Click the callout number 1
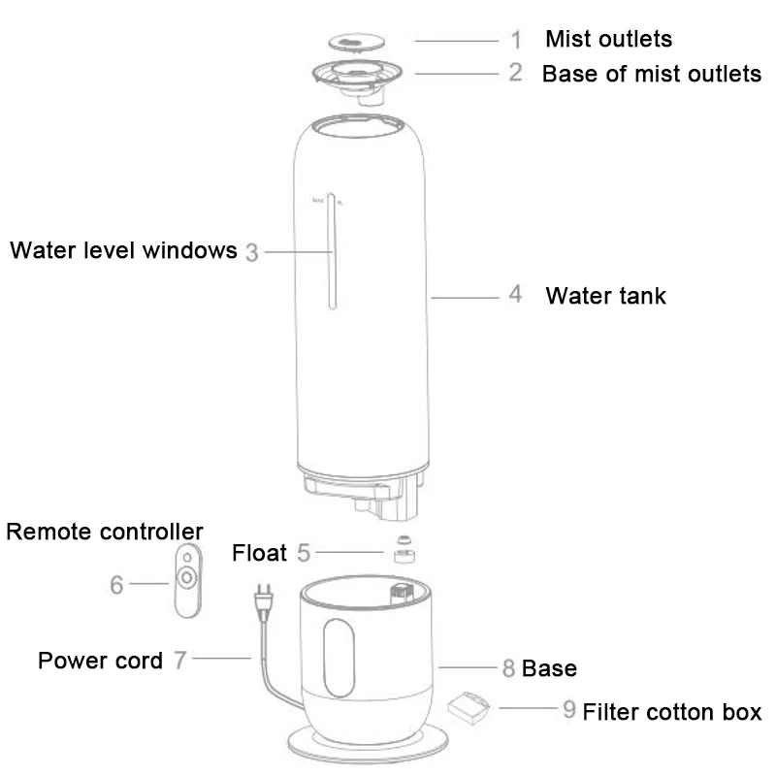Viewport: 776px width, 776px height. click(x=517, y=40)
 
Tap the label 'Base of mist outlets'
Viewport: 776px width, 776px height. click(x=651, y=74)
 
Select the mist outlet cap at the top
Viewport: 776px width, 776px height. click(x=355, y=42)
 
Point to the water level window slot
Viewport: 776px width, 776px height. click(x=332, y=250)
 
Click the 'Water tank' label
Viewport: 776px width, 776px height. click(x=605, y=296)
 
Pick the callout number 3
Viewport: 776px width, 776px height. click(x=251, y=251)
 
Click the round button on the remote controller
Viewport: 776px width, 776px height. click(x=186, y=576)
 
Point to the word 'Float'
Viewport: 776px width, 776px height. click(x=260, y=553)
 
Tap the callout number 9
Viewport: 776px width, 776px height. click(x=569, y=709)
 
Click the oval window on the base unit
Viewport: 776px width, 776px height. click(x=339, y=658)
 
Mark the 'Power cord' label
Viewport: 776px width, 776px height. click(x=100, y=662)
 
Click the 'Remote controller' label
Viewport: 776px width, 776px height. click(x=105, y=531)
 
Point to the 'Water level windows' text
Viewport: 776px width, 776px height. click(x=123, y=250)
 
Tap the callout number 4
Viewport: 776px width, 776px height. click(x=515, y=294)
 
